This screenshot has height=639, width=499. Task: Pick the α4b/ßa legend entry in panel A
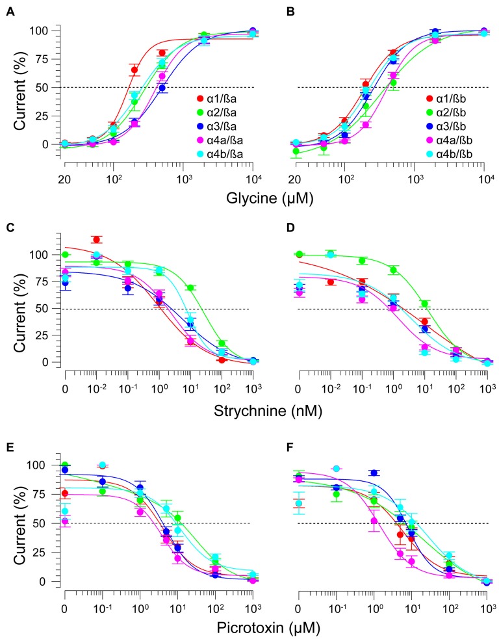222,153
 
